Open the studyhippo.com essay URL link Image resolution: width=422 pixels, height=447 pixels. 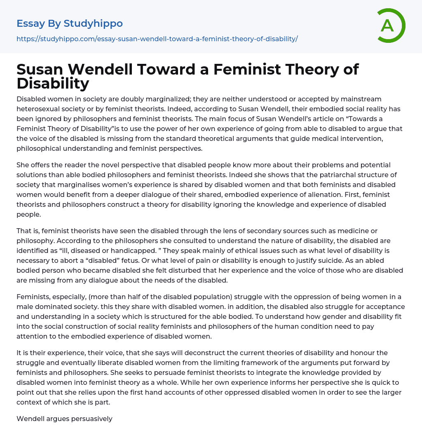[x=157, y=39]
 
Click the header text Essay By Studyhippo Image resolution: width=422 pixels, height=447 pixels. [x=70, y=24]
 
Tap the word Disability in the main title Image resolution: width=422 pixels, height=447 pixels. [x=53, y=83]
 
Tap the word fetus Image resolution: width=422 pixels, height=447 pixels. [x=129, y=260]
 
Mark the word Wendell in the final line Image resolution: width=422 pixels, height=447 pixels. [x=30, y=419]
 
